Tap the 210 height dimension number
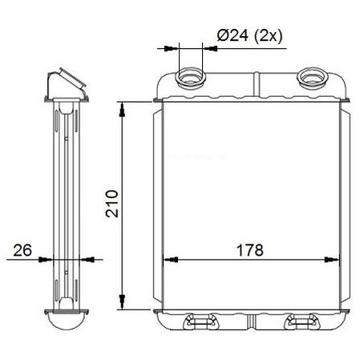click(112, 204)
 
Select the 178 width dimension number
click(250, 250)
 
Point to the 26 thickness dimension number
click(22, 250)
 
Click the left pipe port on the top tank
click(191, 79)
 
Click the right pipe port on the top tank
click(313, 77)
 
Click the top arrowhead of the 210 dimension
click(122, 110)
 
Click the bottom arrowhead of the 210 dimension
click(122, 301)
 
